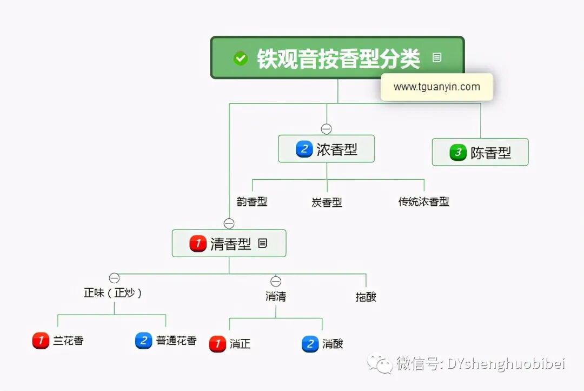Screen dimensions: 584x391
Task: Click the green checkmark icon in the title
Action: point(241,58)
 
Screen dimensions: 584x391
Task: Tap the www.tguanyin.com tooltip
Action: point(436,87)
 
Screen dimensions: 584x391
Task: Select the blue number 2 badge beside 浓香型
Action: point(304,149)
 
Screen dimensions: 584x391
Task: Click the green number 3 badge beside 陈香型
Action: point(458,152)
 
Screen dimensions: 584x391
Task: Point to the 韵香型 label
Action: point(252,202)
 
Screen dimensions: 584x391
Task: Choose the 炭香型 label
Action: point(327,203)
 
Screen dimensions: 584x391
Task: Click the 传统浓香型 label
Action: point(423,202)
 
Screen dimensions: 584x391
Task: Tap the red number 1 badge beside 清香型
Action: point(198,244)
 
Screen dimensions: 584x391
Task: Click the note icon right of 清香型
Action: point(263,244)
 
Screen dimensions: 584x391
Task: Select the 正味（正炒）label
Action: point(114,293)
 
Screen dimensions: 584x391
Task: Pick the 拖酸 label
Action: point(366,297)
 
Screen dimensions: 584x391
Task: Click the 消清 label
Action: point(276,296)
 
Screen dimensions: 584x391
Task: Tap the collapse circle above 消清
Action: point(276,282)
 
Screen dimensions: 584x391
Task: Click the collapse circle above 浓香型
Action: point(326,129)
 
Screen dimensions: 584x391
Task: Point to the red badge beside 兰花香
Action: point(41,341)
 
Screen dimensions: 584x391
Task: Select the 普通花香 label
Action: point(176,341)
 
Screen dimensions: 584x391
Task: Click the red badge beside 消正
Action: point(217,344)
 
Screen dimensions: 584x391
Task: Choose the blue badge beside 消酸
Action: point(310,344)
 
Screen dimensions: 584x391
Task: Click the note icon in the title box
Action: point(437,57)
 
